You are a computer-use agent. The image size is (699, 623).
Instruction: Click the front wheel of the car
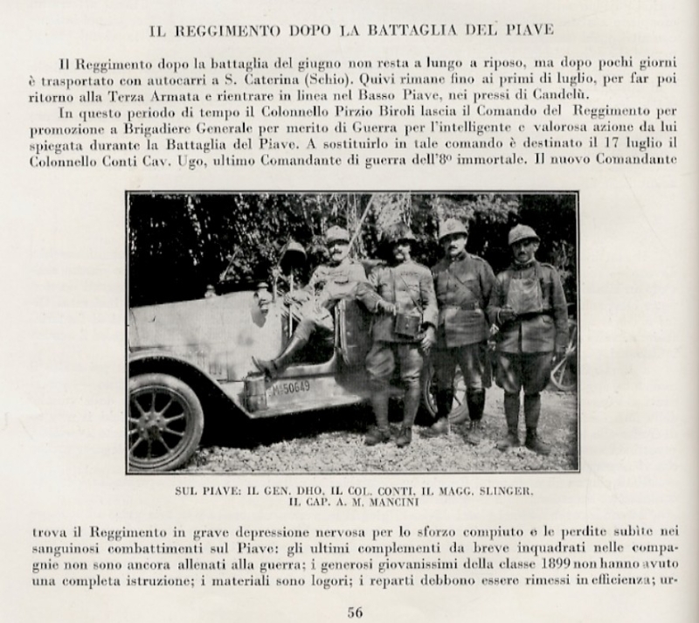(165, 422)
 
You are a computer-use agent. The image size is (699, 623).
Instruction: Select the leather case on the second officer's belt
(405, 324)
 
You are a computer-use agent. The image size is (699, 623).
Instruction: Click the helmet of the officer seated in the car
(337, 234)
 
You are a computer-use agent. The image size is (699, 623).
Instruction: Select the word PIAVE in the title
(527, 31)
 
